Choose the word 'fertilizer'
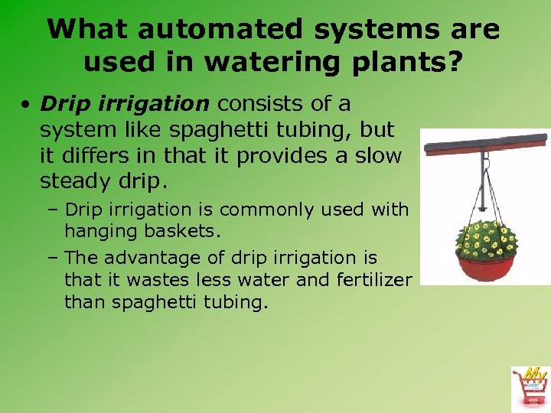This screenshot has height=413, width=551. pyautogui.click(x=374, y=280)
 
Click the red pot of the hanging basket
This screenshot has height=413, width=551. pyautogui.click(x=486, y=268)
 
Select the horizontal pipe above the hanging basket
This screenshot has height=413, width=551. pyautogui.click(x=484, y=142)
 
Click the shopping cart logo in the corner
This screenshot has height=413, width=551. pyautogui.click(x=530, y=387)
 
